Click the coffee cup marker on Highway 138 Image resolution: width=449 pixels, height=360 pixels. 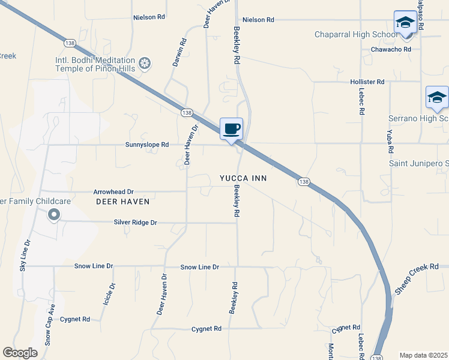pyautogui.click(x=232, y=128)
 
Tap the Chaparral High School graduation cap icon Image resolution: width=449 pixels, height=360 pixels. pyautogui.click(x=405, y=23)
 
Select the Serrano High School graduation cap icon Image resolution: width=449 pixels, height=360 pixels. pyautogui.click(x=437, y=97)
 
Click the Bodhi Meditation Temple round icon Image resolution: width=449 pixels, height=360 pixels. pyautogui.click(x=144, y=63)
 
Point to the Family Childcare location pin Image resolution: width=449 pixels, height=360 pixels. pyautogui.click(x=53, y=214)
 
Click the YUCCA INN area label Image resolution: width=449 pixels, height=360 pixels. pyautogui.click(x=243, y=179)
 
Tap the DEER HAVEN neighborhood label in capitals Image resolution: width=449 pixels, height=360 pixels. pyautogui.click(x=122, y=202)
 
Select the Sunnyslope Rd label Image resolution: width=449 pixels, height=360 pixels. pyautogui.click(x=147, y=145)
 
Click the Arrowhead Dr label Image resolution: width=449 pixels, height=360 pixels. pyautogui.click(x=113, y=192)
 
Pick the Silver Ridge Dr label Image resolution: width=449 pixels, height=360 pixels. pyautogui.click(x=135, y=223)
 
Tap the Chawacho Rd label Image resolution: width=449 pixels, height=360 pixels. pyautogui.click(x=391, y=49)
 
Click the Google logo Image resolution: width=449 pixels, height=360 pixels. pyautogui.click(x=20, y=353)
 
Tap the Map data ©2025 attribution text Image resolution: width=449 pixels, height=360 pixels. pyautogui.click(x=423, y=355)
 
